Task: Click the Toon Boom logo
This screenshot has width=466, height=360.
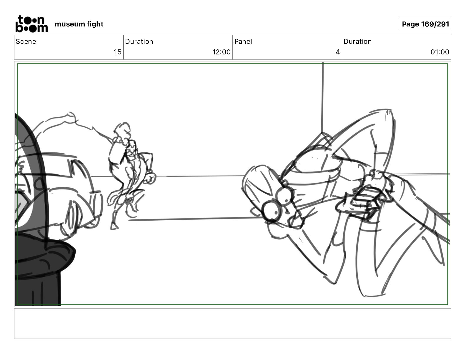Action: coord(32,24)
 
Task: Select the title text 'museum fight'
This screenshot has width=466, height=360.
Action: coord(79,24)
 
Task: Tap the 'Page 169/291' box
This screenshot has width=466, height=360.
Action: coord(425,24)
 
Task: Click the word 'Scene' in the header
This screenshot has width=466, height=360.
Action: coord(26,41)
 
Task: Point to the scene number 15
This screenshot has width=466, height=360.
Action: coord(117,52)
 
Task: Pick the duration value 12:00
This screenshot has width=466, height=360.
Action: coord(221,52)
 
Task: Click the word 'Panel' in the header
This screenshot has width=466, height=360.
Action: coord(243,41)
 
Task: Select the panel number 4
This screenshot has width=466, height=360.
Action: coord(338,52)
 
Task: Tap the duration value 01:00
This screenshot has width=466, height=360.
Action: coord(440,52)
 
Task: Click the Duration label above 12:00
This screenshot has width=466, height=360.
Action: coord(139,41)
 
